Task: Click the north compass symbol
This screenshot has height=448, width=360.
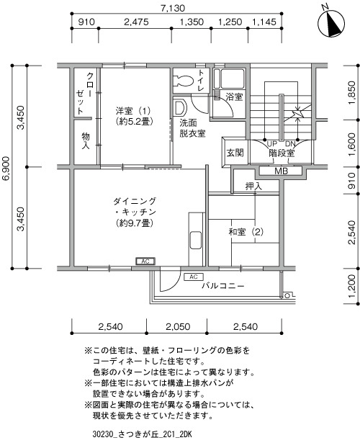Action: [x=331, y=22]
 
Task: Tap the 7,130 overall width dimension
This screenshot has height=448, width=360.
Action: [x=173, y=8]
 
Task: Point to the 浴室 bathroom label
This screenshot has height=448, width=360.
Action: [x=234, y=97]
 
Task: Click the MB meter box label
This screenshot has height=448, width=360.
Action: [x=281, y=171]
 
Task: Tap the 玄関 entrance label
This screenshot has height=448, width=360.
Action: [x=235, y=153]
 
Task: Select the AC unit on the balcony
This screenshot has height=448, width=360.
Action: [x=194, y=277]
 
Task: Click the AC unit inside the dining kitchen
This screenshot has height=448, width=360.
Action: [x=145, y=261]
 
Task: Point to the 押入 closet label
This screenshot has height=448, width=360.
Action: [x=253, y=187]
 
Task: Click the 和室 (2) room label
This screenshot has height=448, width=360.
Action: [x=246, y=231]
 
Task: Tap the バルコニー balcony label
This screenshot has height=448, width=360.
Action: [x=223, y=286]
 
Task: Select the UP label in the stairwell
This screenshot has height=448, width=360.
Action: [x=271, y=144]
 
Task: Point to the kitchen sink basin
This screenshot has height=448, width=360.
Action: [x=196, y=240]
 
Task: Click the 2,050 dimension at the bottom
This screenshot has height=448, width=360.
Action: [x=178, y=326]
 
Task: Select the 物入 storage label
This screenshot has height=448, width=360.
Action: [x=86, y=140]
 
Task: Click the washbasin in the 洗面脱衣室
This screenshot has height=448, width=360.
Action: [x=180, y=107]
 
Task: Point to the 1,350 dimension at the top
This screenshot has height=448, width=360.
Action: [x=192, y=22]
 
